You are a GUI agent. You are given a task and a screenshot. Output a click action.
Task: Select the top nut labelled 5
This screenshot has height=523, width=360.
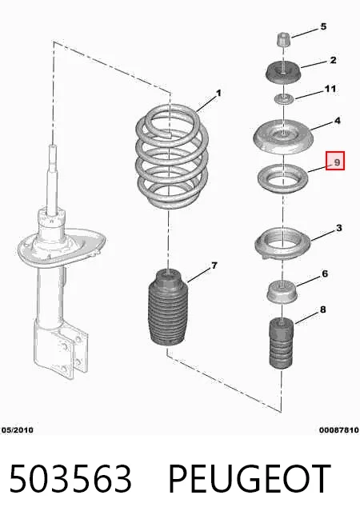[x=283, y=40]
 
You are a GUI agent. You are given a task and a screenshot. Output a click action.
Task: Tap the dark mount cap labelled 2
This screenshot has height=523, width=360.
[x=282, y=74]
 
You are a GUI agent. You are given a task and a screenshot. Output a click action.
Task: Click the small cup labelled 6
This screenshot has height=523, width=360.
[x=282, y=292]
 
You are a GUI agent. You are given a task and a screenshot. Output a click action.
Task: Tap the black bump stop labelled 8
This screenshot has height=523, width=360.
[x=282, y=344]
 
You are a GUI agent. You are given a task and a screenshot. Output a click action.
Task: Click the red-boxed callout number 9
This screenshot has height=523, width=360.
[x=335, y=161]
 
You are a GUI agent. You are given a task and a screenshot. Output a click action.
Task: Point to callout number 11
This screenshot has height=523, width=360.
[x=330, y=89]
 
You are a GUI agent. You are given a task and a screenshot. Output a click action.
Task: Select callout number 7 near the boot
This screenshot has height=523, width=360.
[x=214, y=265]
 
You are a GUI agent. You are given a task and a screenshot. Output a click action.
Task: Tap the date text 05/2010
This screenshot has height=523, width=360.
[x=17, y=430]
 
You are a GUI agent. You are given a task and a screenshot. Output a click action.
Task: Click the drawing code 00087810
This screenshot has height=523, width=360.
[x=339, y=430]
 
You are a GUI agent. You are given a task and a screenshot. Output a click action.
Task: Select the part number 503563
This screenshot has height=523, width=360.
[x=70, y=479]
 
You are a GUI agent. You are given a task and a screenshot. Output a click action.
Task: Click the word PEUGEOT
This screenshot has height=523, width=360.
[x=250, y=479]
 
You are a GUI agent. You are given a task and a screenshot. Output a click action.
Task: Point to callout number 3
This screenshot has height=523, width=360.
[x=339, y=228]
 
